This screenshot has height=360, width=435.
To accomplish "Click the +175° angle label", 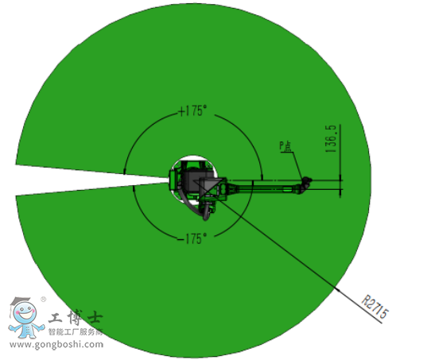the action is pos(192,110).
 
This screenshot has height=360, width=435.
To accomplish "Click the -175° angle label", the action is pos(192,238).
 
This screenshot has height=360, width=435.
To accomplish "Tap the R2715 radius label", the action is pos(375,307).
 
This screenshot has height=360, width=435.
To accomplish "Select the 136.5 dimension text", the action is pos(332,138).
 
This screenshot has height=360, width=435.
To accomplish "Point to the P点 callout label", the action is pos(285,146).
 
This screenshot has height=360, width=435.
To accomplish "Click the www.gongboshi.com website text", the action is pos(56,344).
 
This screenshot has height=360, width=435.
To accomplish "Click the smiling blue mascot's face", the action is pos(25,313).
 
